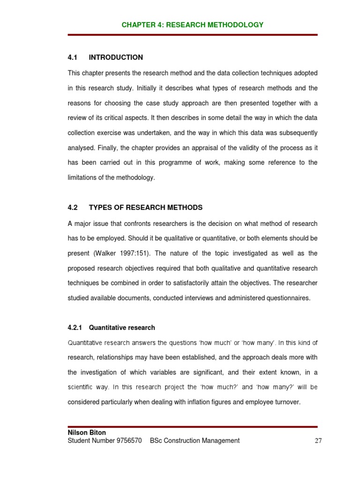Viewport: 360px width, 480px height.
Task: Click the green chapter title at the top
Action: [192, 25]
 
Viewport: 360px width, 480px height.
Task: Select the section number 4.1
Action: [72, 58]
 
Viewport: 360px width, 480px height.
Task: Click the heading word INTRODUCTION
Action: [116, 58]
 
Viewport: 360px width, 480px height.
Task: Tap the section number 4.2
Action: [72, 208]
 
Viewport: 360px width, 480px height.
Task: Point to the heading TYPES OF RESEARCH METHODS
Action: [146, 208]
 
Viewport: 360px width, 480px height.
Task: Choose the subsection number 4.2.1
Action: [75, 328]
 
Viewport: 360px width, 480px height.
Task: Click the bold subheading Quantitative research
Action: [122, 328]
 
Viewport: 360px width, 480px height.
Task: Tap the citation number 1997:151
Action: [134, 253]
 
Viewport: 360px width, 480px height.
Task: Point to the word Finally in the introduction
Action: [108, 148]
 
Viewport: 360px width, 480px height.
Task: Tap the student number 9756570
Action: [125, 441]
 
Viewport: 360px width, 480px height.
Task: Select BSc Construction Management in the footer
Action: [195, 441]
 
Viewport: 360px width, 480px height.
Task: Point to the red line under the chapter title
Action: [192, 35]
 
